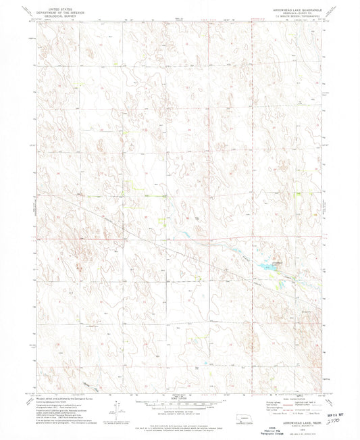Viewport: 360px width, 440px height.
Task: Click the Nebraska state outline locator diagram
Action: coord(238,412)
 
